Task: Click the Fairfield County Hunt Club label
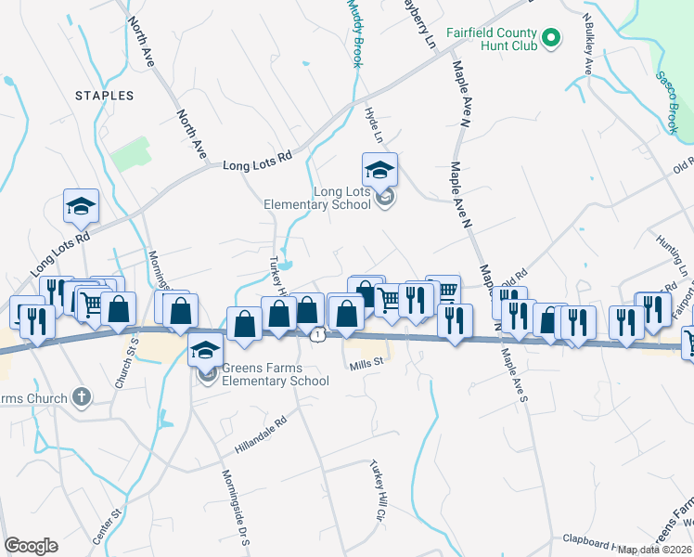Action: (493, 38)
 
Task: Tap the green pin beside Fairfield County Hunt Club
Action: (551, 38)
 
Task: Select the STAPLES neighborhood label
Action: (105, 96)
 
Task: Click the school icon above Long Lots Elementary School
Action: (379, 171)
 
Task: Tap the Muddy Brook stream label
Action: (353, 32)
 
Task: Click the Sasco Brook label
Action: (669, 101)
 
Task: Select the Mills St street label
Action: (366, 366)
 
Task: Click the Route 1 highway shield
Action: (319, 334)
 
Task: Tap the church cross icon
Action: (81, 398)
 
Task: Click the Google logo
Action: (31, 546)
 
